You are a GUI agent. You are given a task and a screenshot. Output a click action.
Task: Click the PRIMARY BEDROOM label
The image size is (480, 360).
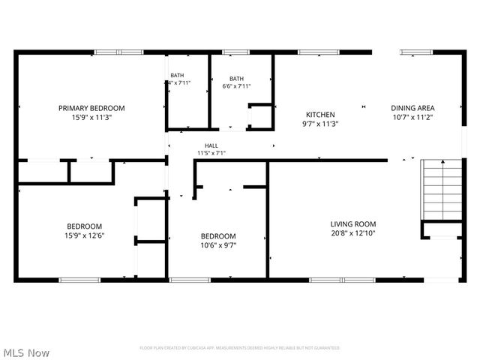[x=91, y=108]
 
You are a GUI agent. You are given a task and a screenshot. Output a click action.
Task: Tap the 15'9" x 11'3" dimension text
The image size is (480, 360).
[x=91, y=117]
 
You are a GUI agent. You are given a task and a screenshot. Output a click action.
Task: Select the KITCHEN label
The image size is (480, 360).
[x=320, y=115]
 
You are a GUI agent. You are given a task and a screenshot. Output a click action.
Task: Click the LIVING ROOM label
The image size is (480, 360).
[x=353, y=223]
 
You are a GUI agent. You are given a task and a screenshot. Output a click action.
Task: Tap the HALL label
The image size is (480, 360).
[x=211, y=145]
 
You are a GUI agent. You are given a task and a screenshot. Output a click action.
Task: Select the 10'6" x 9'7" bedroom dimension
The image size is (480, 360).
[x=217, y=244]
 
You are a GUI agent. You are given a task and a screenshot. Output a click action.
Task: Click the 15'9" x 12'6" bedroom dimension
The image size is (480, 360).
[x=85, y=235]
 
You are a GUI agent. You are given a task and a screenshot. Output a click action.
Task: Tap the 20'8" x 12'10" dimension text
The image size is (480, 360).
[x=353, y=233]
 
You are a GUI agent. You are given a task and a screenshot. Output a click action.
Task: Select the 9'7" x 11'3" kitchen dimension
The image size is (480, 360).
[x=320, y=124]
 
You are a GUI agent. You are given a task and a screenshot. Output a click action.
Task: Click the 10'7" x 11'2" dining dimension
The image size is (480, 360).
[x=412, y=117]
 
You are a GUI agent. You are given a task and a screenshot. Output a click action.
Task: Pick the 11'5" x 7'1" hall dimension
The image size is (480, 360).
[x=211, y=153]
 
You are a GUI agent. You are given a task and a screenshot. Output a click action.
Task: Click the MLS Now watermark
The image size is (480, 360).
[x=26, y=352]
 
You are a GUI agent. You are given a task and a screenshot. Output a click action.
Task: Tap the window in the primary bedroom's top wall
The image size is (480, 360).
[x=118, y=52]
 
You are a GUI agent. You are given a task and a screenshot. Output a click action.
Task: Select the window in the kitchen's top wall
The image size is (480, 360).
[x=310, y=52]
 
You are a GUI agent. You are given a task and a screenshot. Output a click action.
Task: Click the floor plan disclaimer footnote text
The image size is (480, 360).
[x=240, y=348]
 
